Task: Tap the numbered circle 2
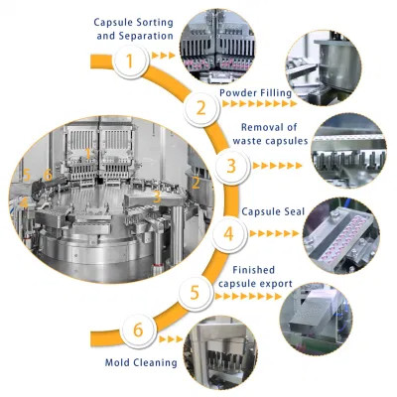coord(201,107)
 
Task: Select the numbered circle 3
coord(231,167)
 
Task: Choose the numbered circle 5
coord(197,293)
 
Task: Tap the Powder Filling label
coord(256,91)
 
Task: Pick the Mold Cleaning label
coord(141,362)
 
